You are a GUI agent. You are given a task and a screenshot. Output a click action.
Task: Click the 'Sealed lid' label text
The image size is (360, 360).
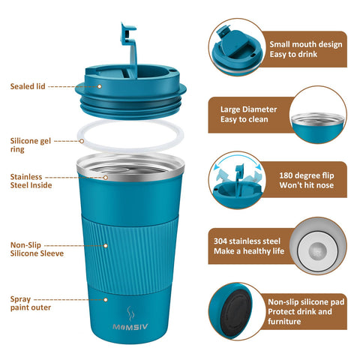(28, 86)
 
